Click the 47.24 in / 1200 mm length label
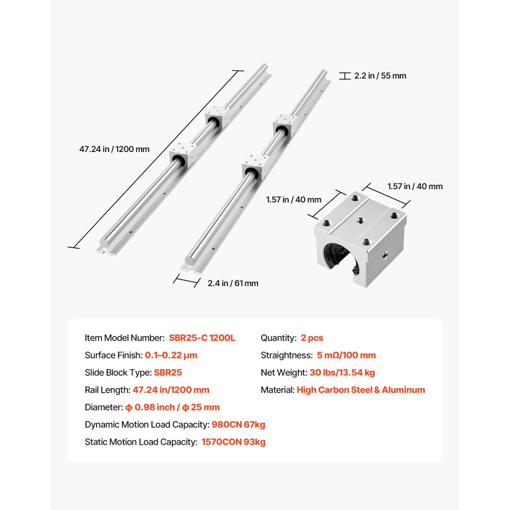(114, 149)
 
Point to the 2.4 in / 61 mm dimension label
(233, 283)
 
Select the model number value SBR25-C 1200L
(202, 338)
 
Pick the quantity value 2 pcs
(312, 338)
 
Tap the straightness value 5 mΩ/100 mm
(346, 355)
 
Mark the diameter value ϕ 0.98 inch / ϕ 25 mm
(172, 407)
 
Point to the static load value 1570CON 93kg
(234, 442)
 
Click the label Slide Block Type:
(118, 372)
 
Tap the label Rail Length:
(108, 390)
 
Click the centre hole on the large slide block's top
(362, 220)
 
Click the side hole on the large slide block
(384, 252)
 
